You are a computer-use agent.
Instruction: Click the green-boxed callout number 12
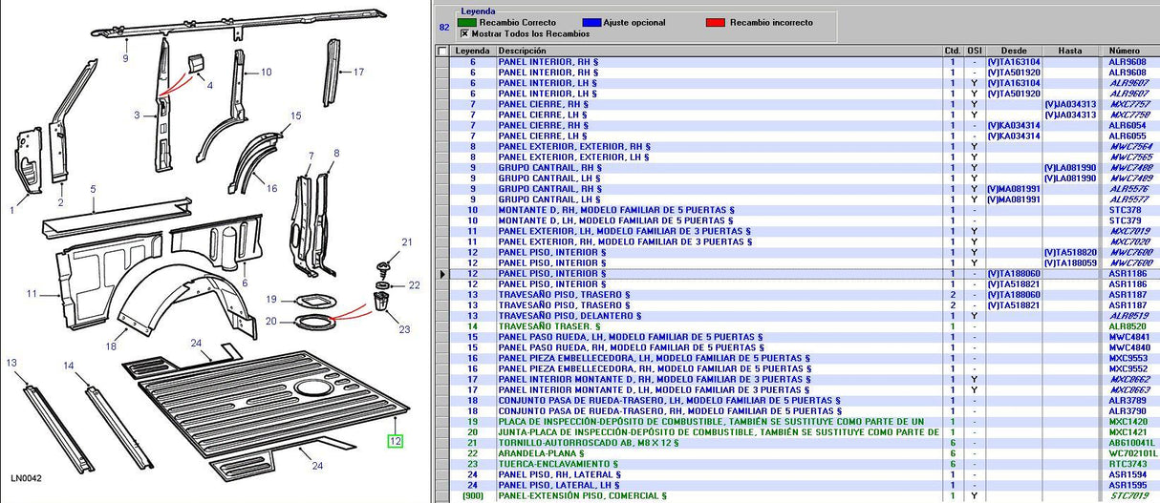pyautogui.click(x=396, y=441)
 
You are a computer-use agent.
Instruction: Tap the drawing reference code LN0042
pyautogui.click(x=26, y=478)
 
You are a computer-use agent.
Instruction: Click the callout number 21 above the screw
pyautogui.click(x=407, y=242)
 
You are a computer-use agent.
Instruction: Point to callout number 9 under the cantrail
pyautogui.click(x=125, y=58)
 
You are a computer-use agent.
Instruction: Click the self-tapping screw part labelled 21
pyautogui.click(x=382, y=269)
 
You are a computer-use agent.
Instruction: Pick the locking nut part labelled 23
pyautogui.click(x=380, y=301)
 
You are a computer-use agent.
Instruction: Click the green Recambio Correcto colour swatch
pyautogui.click(x=466, y=22)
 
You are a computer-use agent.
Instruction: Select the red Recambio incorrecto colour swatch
pyautogui.click(x=715, y=22)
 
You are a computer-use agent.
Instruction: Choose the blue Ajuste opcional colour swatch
pyautogui.click(x=591, y=22)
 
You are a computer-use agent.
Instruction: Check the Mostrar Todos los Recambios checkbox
pyautogui.click(x=464, y=33)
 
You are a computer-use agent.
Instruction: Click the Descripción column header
pyautogui.click(x=522, y=51)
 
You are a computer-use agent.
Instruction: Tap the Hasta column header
pyautogui.click(x=1070, y=51)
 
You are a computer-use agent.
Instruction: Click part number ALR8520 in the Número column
pyautogui.click(x=1128, y=326)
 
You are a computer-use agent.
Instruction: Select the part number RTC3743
pyautogui.click(x=1128, y=464)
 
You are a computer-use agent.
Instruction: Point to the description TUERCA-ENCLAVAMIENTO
pyautogui.click(x=547, y=464)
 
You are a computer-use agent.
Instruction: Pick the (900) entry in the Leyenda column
pyautogui.click(x=473, y=495)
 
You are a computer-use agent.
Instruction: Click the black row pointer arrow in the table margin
pyautogui.click(x=442, y=274)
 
